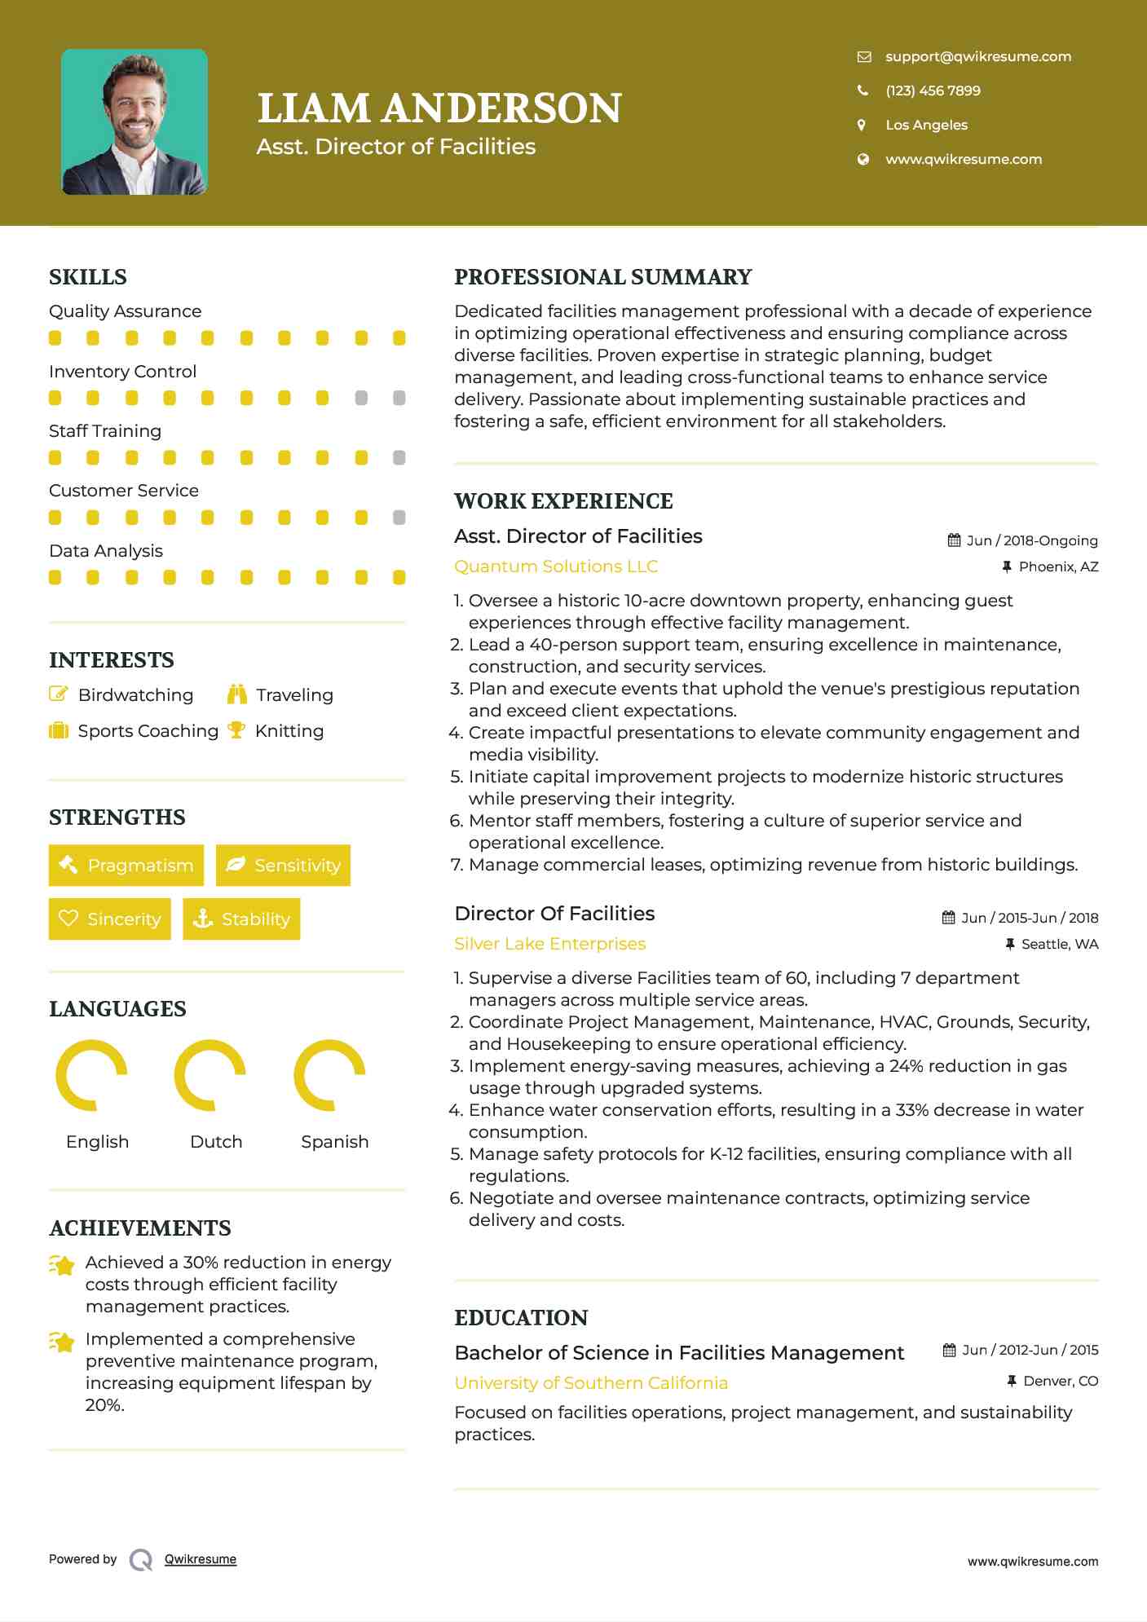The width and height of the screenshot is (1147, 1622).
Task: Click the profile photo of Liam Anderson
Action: (135, 122)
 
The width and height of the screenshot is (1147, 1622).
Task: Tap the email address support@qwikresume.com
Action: (978, 56)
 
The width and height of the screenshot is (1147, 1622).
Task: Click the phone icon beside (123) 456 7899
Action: (862, 90)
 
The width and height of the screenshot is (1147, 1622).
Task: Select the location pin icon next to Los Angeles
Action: (862, 125)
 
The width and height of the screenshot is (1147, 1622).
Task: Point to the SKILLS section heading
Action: (88, 277)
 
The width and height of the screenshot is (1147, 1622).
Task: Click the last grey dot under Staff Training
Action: (399, 457)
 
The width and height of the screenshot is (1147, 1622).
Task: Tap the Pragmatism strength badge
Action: (126, 865)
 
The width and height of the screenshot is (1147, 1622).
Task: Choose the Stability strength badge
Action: (241, 919)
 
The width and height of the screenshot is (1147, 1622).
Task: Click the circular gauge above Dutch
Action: (210, 1075)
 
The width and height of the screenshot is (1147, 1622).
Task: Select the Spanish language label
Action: (334, 1141)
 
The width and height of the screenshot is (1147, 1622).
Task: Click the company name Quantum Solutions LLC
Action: (556, 566)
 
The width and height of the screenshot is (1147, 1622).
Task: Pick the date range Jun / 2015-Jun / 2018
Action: (1030, 918)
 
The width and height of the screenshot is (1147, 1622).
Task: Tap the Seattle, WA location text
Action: (1060, 944)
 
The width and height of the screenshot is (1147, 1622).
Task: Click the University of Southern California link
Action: (591, 1383)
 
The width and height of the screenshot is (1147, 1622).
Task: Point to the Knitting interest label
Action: (289, 731)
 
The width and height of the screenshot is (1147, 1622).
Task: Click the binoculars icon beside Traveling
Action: (237, 694)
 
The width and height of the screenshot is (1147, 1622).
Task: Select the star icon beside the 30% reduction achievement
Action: (62, 1265)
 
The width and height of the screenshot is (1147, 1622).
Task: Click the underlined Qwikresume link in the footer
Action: (201, 1559)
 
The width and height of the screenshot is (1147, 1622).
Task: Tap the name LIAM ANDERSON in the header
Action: (439, 108)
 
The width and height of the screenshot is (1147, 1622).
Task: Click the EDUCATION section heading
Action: (521, 1318)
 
